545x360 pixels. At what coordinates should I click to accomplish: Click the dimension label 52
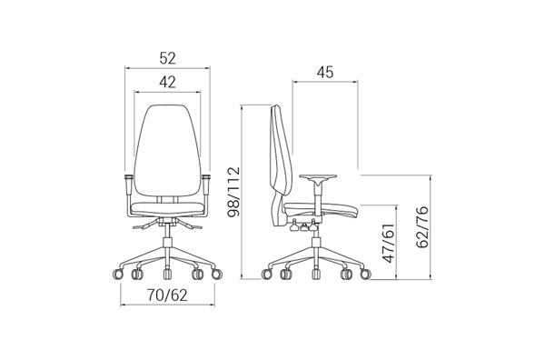(x=167, y=58)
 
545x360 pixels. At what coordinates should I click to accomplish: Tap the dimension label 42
(x=167, y=82)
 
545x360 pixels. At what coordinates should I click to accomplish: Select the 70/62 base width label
(x=167, y=295)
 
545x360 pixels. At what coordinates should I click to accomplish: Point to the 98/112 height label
(x=233, y=192)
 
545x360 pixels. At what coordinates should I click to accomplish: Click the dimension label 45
(x=325, y=72)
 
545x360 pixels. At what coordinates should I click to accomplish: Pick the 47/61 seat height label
(x=388, y=243)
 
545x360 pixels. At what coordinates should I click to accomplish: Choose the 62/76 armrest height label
(x=422, y=227)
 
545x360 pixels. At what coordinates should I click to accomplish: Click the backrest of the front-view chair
(x=167, y=150)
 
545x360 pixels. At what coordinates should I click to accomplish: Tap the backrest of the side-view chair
(x=280, y=150)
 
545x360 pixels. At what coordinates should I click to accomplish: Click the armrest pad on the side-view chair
(x=318, y=176)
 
